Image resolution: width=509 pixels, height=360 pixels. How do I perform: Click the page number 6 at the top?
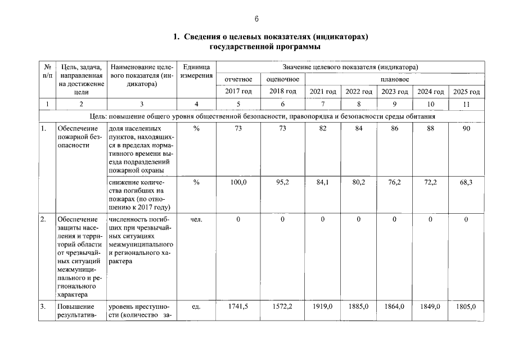pyautogui.click(x=256, y=19)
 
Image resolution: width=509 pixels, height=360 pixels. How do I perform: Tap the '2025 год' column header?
pyautogui.click(x=466, y=92)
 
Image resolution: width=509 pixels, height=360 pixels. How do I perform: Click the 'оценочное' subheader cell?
pyautogui.click(x=282, y=79)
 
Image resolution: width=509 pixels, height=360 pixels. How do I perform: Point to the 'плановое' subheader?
pyautogui.click(x=395, y=79)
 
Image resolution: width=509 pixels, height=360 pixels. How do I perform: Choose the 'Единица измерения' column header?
pyautogui.click(x=196, y=71)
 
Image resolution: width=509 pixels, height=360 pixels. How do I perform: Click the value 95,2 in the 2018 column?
pyautogui.click(x=282, y=182)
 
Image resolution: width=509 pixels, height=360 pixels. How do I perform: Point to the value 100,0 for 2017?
pyautogui.click(x=238, y=182)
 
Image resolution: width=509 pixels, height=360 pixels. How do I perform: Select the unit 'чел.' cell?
pyautogui.click(x=196, y=219)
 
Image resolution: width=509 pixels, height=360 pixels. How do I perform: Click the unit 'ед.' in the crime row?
pyautogui.click(x=196, y=307)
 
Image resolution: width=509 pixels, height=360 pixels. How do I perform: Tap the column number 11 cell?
pyautogui.click(x=466, y=104)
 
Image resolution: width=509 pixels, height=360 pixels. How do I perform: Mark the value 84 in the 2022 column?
pyautogui.click(x=359, y=129)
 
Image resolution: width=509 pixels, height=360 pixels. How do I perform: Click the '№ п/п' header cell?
pyautogui.click(x=47, y=71)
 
